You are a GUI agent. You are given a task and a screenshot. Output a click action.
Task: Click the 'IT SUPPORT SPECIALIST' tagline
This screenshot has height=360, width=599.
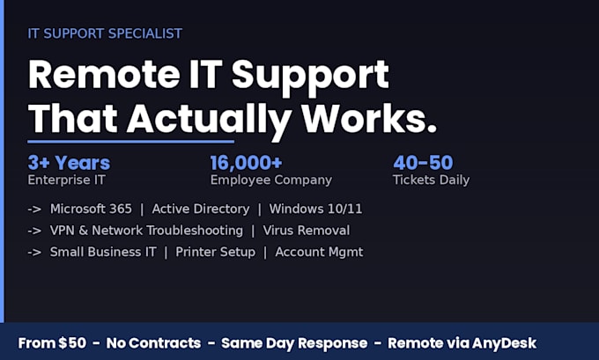point(105,33)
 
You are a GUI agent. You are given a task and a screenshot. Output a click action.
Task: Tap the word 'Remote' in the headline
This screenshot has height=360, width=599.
point(104,74)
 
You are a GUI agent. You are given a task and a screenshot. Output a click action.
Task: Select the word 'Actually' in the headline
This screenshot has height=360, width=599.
point(210,119)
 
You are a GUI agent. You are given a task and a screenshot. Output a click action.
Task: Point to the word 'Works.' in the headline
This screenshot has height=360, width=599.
point(369,118)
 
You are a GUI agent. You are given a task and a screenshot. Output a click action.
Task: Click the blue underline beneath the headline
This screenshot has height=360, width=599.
point(130,142)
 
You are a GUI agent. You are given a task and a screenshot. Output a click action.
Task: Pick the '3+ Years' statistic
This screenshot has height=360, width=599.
point(69,163)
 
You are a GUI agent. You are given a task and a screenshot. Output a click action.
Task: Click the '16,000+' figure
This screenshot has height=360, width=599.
point(246,163)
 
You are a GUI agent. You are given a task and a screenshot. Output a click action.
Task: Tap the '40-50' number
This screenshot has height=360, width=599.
point(423,163)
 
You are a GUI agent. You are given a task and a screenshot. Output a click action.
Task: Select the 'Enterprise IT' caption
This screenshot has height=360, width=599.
point(66,180)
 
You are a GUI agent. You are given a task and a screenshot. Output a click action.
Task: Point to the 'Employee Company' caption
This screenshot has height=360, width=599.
point(270,180)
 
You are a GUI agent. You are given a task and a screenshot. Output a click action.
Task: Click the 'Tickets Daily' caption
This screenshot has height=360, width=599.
point(431,180)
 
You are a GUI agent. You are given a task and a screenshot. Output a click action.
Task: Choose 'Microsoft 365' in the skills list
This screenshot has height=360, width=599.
point(91,209)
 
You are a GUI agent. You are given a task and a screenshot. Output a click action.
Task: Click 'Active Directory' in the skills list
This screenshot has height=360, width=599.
point(201,209)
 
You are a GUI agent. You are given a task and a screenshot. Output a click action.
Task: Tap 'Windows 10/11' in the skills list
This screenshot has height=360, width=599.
point(315,209)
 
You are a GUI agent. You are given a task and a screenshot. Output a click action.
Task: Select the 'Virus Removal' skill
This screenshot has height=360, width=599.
point(306,231)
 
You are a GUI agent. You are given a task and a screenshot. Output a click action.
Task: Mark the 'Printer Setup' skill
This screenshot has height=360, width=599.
point(216,253)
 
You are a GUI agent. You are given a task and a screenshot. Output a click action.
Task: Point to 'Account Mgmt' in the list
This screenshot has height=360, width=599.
point(319,253)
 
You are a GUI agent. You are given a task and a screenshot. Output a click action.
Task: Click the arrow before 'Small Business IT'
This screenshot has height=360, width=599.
point(34,253)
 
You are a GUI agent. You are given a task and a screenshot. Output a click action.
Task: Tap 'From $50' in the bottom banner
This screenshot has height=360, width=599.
point(52,343)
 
